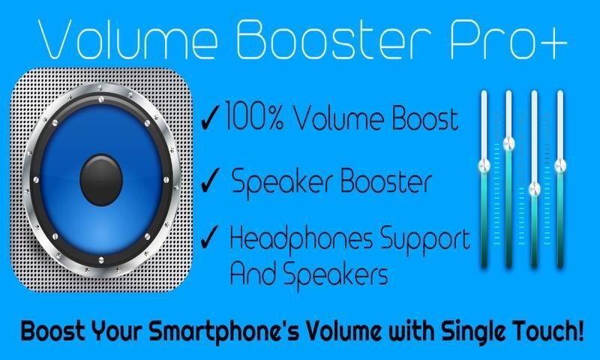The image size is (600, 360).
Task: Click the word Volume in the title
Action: pos(128,39)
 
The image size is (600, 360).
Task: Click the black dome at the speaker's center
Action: pos(101,180)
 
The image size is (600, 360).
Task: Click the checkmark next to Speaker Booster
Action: pos(210,180)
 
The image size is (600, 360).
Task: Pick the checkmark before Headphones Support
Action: pos(210,237)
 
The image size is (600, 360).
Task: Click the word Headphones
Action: pos(301,239)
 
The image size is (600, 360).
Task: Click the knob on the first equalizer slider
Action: pos(484,166)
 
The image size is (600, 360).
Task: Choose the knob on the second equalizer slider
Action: pos(508,143)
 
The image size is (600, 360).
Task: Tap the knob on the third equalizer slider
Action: pos(534,188)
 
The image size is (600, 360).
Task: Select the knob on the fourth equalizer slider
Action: pos(560,166)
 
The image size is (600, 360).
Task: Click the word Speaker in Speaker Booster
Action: pos(283,181)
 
